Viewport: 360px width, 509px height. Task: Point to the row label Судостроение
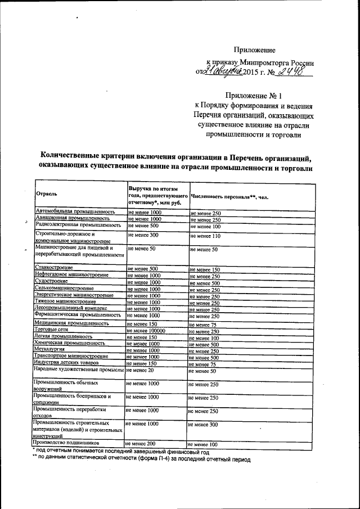point(51,280)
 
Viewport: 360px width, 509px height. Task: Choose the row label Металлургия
point(49,349)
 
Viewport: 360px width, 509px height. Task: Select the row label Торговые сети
point(51,330)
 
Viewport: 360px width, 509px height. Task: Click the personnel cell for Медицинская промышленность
point(202,325)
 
